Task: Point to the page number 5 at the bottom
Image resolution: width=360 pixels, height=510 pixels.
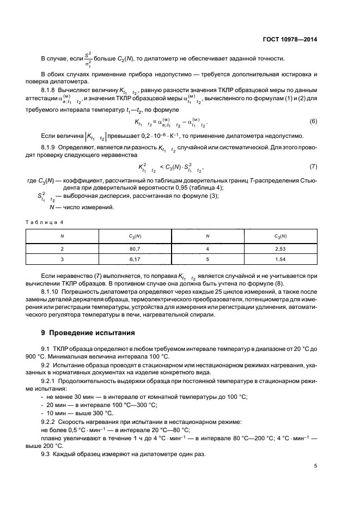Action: point(315,466)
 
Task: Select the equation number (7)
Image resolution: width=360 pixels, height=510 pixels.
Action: point(313,165)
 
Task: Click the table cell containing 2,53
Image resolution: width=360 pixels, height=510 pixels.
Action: point(280,248)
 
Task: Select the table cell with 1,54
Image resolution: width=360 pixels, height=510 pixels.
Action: point(280,259)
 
